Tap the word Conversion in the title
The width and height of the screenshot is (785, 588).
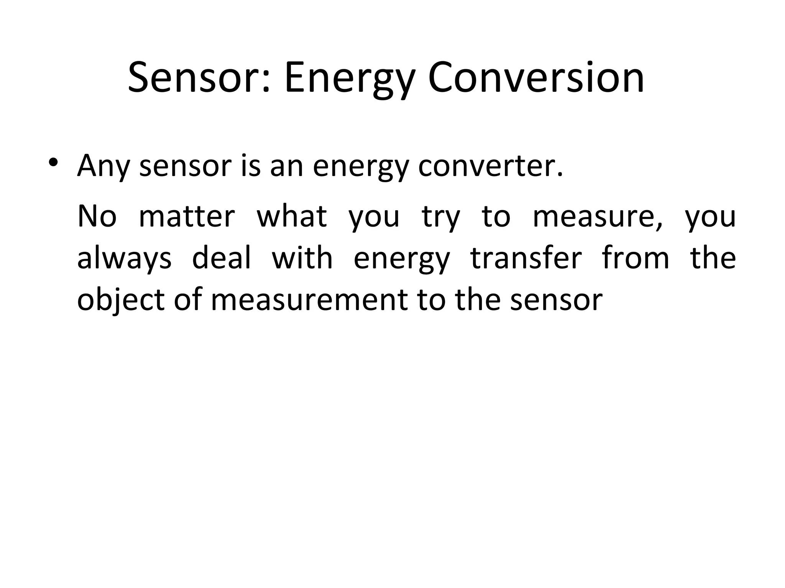(x=536, y=78)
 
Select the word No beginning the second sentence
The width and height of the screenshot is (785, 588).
(x=97, y=217)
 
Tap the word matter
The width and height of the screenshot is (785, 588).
(x=187, y=217)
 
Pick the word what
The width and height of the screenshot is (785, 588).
(x=292, y=217)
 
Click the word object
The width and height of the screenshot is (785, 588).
(x=121, y=301)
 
